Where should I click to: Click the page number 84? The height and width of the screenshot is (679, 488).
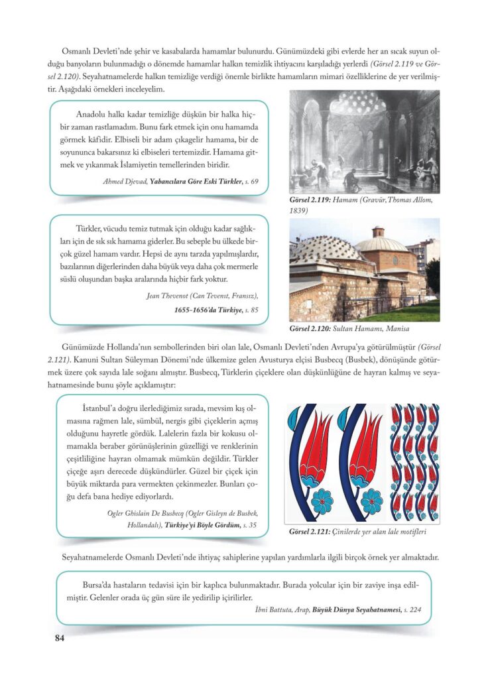tap(58, 638)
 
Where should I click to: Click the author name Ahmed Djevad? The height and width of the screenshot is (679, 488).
tap(125, 181)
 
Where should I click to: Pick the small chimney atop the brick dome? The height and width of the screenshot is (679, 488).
tap(379, 232)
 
